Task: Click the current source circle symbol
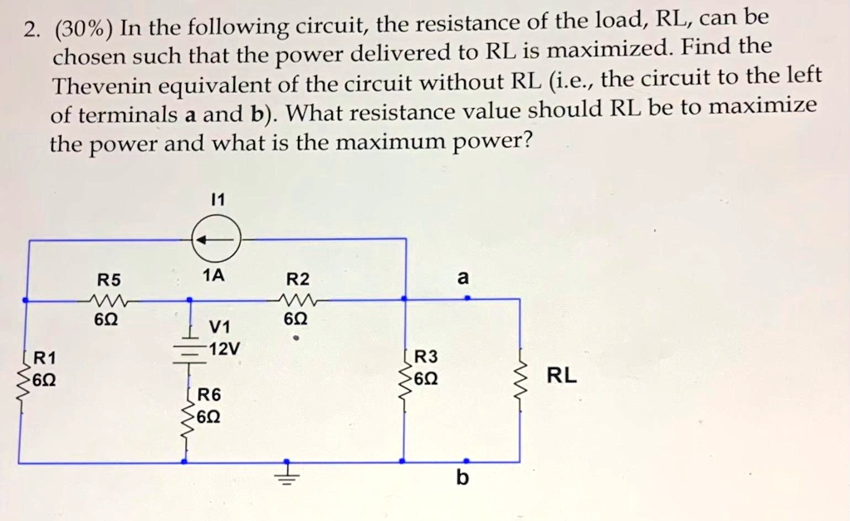point(217,239)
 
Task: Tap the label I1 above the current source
point(217,200)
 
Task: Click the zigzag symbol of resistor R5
point(108,299)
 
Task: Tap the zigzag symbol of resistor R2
point(297,299)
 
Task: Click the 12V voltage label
point(225,348)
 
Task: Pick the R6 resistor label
point(210,395)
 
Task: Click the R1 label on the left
point(45,358)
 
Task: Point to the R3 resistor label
point(425,358)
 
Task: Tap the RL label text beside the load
point(561,376)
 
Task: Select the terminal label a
point(463,279)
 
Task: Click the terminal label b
point(462,479)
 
